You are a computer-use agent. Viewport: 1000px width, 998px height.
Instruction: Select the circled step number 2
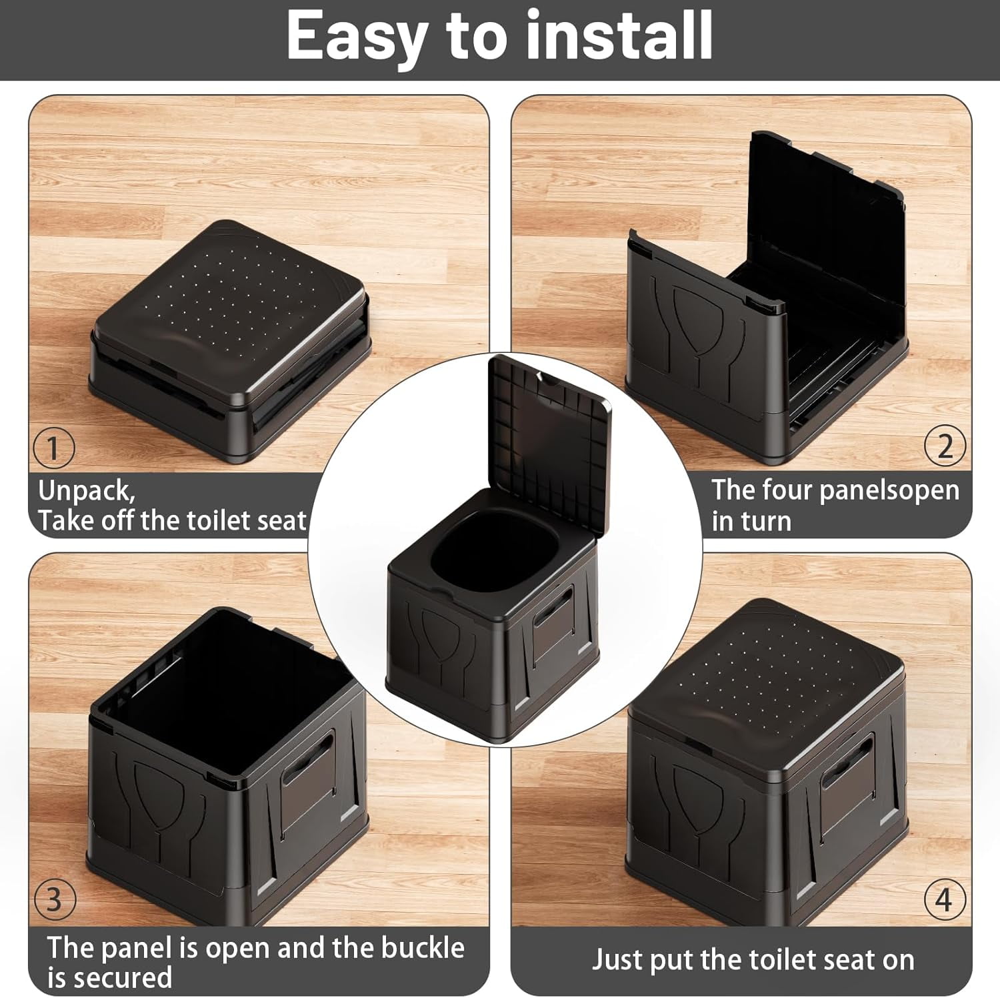pos(945,446)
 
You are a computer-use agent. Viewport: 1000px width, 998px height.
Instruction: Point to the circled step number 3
pos(54,899)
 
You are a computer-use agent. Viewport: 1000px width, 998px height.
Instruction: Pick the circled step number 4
pos(945,899)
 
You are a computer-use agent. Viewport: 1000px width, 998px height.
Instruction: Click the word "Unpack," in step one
pos(87,492)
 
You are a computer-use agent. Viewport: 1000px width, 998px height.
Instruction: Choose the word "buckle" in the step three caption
pos(423,947)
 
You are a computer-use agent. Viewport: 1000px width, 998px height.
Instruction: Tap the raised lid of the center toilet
pos(548,437)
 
